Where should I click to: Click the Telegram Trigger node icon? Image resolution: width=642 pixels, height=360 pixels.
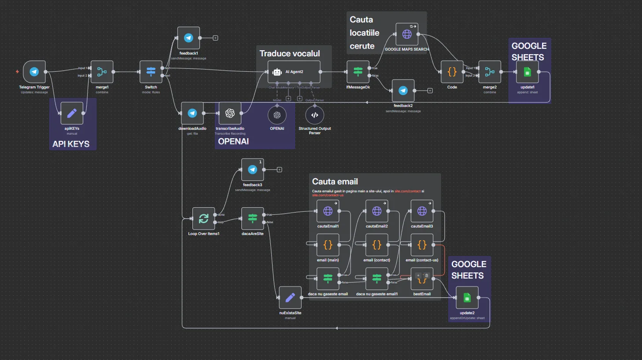[34, 72]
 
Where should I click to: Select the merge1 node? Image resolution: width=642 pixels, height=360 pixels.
[102, 72]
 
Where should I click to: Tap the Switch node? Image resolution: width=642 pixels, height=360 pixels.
[151, 72]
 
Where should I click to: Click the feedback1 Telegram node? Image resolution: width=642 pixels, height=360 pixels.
[188, 38]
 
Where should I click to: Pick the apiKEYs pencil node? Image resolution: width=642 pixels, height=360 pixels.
[72, 114]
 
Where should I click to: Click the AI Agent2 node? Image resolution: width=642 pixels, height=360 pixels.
[294, 72]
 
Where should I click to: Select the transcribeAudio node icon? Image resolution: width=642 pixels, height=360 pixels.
[230, 114]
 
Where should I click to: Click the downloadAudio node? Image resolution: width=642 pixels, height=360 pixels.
[192, 114]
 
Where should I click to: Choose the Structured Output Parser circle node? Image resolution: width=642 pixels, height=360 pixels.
[315, 115]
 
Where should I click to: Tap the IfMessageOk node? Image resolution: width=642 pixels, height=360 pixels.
[358, 72]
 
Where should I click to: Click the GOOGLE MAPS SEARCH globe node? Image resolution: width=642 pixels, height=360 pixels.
[407, 34]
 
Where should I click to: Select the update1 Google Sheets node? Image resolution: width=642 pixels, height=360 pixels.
[528, 72]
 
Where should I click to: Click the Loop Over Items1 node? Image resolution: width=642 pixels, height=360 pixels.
[203, 218]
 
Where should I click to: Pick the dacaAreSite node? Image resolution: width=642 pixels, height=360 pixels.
[253, 218]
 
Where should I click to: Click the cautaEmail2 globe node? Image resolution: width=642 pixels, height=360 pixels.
[377, 211]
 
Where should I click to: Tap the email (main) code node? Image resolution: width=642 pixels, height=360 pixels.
[328, 245]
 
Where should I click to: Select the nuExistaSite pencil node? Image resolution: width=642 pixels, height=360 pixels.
[290, 298]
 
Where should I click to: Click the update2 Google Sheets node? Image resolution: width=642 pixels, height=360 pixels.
[467, 298]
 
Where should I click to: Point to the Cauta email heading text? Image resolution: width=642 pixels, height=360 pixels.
[335, 181]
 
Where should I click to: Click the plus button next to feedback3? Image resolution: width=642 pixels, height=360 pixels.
[279, 169]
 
